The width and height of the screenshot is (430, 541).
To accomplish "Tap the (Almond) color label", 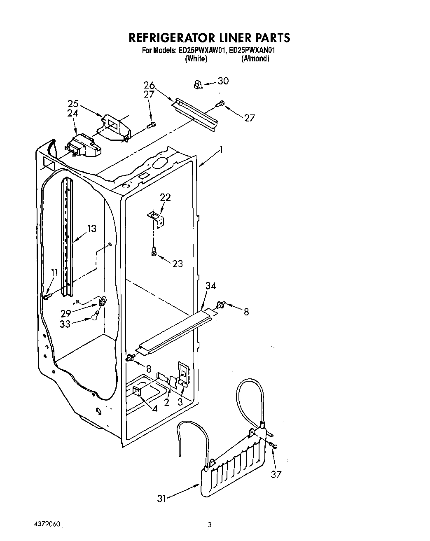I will coord(255,59).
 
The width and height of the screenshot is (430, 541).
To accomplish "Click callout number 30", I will coord(223,81).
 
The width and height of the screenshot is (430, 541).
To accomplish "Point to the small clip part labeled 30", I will coord(198,85).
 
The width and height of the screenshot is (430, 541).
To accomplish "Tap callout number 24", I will coord(73,112).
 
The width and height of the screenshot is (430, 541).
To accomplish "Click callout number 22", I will coord(165,197).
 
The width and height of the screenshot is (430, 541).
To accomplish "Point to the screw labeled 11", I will coord(46,296).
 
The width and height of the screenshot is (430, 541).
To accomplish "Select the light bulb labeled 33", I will coord(95,316).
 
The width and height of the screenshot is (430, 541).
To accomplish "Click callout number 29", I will coord(66,313).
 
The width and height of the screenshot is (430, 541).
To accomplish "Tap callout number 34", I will coord(210,286).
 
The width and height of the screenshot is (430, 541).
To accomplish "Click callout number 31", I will coord(161,498).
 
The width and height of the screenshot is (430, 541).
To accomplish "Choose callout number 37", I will coord(276,474).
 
